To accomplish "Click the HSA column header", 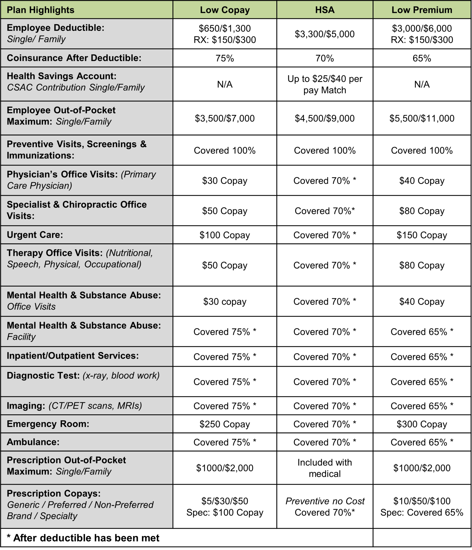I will (x=325, y=10).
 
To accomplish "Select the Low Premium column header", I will (x=422, y=10).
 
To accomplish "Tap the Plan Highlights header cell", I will (x=41, y=10).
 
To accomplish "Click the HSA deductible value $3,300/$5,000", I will (x=325, y=34).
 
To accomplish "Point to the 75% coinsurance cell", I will (x=225, y=58).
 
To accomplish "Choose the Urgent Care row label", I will (x=35, y=235).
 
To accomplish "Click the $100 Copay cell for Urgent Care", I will (x=225, y=235).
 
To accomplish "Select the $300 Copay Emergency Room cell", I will (x=422, y=424).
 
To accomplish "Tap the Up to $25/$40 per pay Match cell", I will (x=325, y=84).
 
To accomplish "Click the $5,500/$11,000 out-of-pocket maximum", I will (x=422, y=118).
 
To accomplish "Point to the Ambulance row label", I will (x=33, y=442).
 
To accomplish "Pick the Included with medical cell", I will (x=325, y=468).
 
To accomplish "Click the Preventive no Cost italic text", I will (x=325, y=501).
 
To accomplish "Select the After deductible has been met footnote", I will (x=83, y=538).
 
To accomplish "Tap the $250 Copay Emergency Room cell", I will (x=225, y=424).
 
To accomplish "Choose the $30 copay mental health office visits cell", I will (x=225, y=302).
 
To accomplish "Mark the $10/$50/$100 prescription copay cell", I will (x=422, y=501).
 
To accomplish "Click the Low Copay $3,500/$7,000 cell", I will (x=225, y=118).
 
